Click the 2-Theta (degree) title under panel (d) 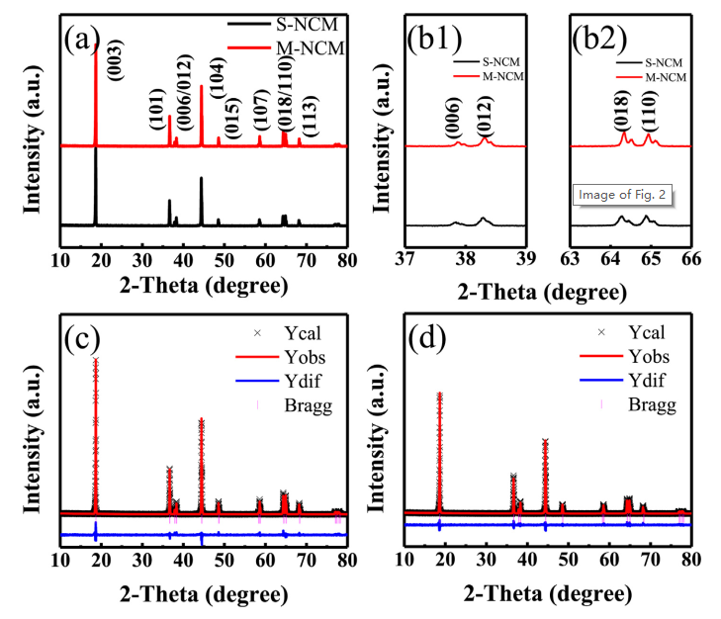coord(548,596)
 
